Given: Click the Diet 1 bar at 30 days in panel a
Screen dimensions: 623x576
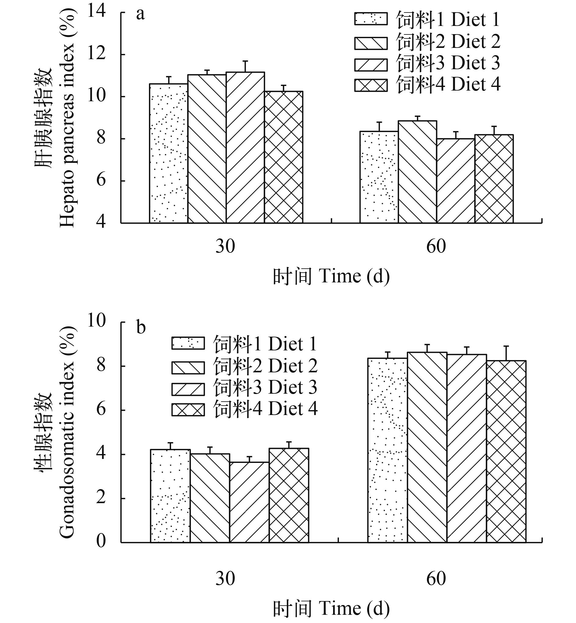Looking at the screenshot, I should point(169,153).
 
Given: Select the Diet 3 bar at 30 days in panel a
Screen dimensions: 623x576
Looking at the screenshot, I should point(245,148).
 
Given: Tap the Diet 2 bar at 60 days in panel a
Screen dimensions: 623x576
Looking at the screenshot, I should point(417,172).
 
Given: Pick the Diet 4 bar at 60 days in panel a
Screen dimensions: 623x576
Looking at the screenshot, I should point(494,179).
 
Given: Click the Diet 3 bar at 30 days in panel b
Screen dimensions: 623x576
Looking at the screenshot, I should point(249,502).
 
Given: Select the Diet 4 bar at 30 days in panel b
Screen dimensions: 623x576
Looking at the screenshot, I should point(289,496).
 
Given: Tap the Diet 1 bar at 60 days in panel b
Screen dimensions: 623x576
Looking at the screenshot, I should point(387,450).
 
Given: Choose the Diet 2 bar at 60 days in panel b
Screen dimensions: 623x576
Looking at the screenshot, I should point(427,447).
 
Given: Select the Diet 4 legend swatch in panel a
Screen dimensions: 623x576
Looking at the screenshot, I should point(371,85).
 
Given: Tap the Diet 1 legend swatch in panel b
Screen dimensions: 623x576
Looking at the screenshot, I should point(188,343).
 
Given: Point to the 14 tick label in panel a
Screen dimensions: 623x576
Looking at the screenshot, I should point(97,12).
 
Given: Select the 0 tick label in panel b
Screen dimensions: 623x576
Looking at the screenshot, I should point(101,541).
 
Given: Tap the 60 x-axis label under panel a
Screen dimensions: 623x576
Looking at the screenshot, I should point(436,246).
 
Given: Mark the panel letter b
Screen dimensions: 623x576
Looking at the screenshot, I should point(141,328).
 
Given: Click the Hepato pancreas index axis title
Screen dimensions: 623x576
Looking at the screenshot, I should point(67,119).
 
